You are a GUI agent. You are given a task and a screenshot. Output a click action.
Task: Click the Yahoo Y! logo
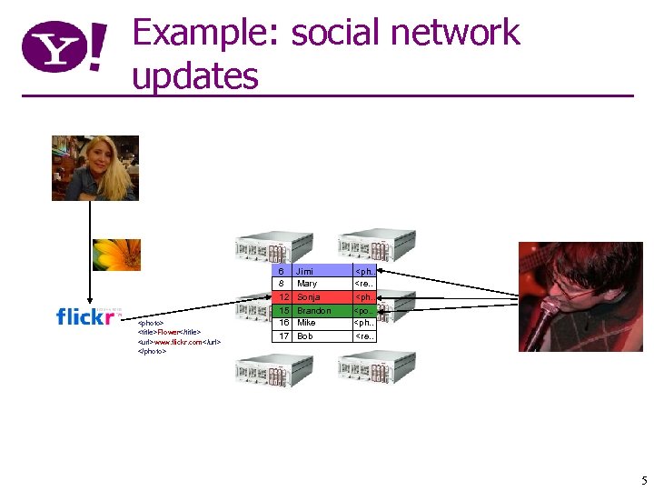tap(64, 47)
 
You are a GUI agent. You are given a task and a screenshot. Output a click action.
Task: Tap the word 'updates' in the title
tap(195, 75)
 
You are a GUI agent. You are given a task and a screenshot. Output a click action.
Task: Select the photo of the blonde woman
tap(95, 167)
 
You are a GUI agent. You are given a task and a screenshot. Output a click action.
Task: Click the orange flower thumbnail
tap(116, 256)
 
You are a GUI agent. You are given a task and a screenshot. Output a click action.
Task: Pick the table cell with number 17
tap(283, 336)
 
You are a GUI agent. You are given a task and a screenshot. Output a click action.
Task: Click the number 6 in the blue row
tap(282, 271)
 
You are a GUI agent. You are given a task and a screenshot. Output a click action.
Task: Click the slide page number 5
tap(643, 480)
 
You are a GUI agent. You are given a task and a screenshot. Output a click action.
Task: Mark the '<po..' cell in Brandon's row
tap(363, 310)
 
